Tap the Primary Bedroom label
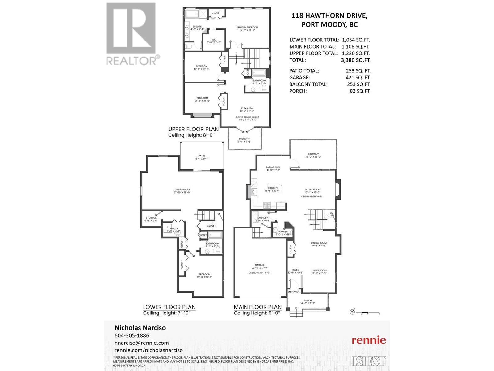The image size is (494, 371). click(247, 27)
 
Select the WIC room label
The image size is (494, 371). click(214, 40)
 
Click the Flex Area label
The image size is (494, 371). click(247, 108)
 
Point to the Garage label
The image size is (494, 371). click(259, 265)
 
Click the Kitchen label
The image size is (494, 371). click(273, 188)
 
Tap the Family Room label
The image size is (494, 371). click(312, 190)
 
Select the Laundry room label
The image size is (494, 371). click(263, 218)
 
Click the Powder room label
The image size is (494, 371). click(283, 232)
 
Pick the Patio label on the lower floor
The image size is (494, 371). click(202, 156)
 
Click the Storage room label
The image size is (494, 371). click(151, 218)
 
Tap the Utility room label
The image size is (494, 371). click(174, 228)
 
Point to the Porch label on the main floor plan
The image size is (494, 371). click(308, 301)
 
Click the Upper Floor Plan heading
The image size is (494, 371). click(193, 129)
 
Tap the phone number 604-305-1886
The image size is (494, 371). click(132, 335)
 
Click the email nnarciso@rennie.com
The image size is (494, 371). click(142, 343)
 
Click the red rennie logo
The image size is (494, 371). click(369, 340)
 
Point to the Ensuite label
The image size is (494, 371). click(197, 27)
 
